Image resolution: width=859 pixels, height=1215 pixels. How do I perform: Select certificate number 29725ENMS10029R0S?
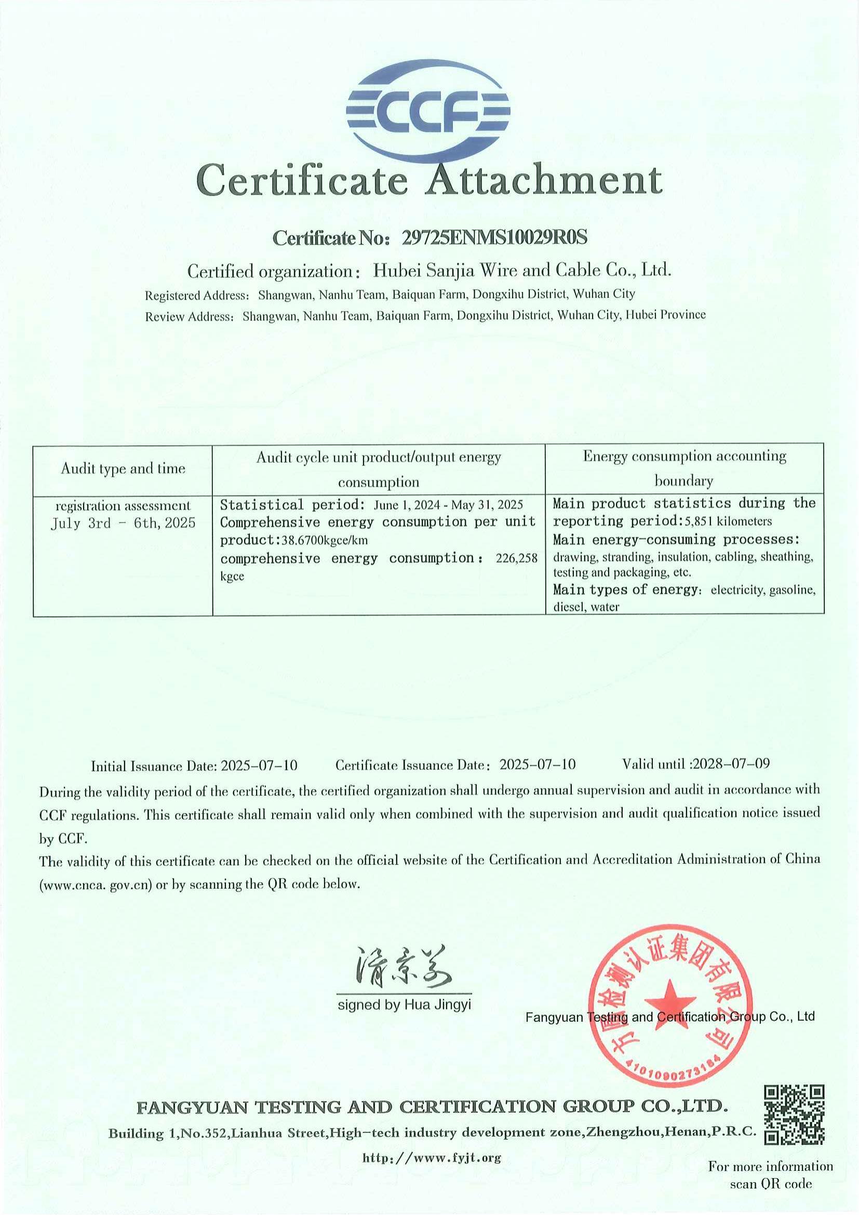(x=494, y=237)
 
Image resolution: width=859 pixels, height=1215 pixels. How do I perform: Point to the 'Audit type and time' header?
(x=123, y=469)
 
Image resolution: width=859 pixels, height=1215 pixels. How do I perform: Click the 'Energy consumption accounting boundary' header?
(x=684, y=468)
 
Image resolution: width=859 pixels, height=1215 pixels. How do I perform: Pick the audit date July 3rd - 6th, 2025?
(x=123, y=524)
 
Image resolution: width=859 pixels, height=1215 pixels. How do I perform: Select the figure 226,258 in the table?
(x=516, y=558)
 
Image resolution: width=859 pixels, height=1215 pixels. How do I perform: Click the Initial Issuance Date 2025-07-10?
(x=259, y=766)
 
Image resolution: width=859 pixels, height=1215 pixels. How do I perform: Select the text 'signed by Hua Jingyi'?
(x=404, y=1005)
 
